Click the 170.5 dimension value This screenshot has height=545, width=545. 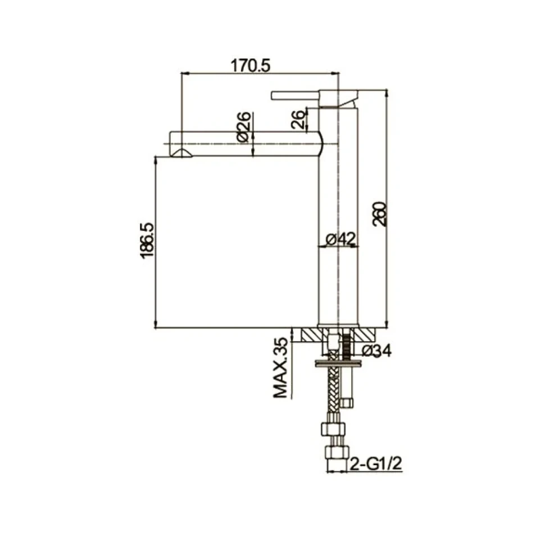point(250,65)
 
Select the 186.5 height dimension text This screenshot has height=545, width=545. point(147,240)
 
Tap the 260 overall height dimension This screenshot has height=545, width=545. point(379,214)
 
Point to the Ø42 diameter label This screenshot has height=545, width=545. point(340,239)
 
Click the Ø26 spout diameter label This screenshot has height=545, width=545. point(244,126)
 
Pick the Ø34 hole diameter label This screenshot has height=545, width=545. point(376,351)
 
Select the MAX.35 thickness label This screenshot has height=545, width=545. point(281,368)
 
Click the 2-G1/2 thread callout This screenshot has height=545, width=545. point(376,464)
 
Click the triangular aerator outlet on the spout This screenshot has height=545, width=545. point(181,153)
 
